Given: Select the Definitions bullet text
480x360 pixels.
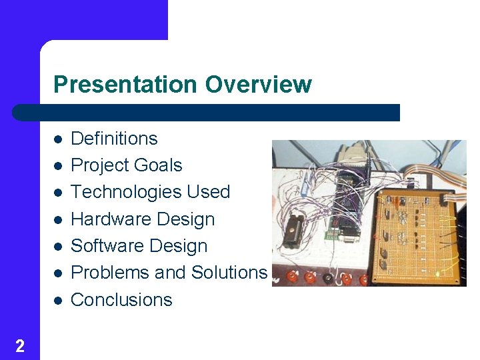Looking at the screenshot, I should pyautogui.click(x=114, y=139).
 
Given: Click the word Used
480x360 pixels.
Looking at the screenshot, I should pyautogui.click(x=208, y=192).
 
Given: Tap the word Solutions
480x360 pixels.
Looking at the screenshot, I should pyautogui.click(x=229, y=273).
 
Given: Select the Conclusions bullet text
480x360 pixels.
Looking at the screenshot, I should pyautogui.click(x=121, y=300).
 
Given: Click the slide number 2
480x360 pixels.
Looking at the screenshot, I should pyautogui.click(x=20, y=345).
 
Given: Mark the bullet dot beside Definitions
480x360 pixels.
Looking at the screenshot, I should pyautogui.click(x=58, y=139).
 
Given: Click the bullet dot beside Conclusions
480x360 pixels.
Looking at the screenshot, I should pyautogui.click(x=58, y=301).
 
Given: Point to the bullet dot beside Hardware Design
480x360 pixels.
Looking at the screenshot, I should pyautogui.click(x=58, y=220).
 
